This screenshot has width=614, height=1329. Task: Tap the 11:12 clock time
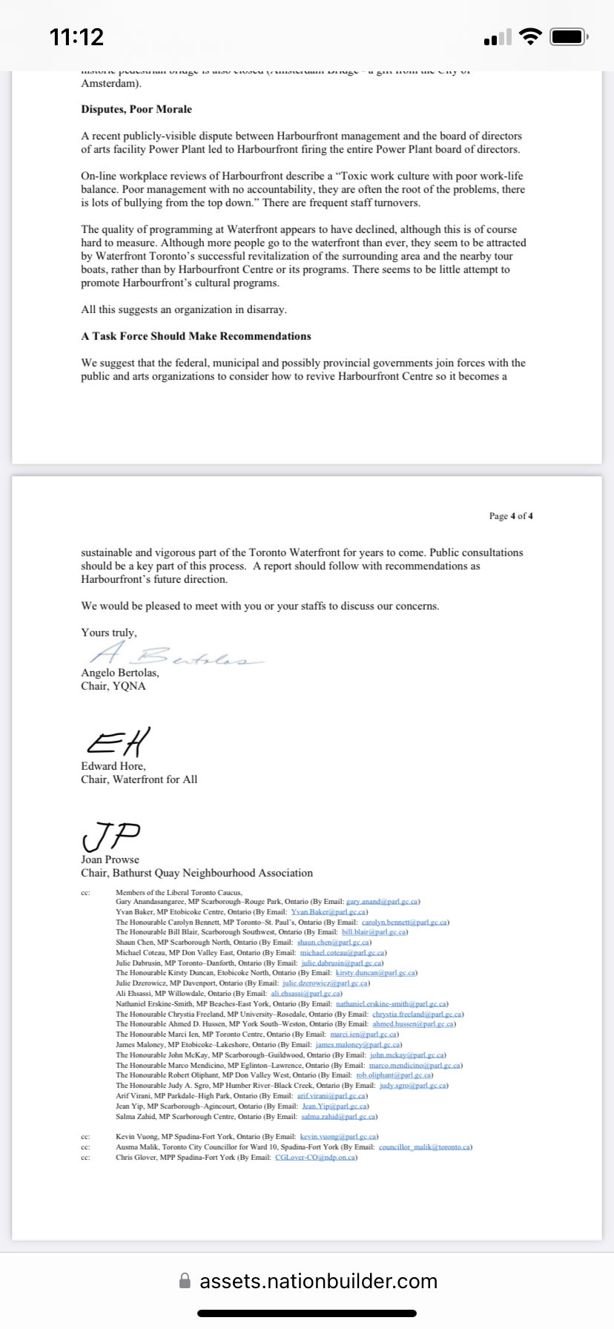[76, 36]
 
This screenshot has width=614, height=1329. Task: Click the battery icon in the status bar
[570, 36]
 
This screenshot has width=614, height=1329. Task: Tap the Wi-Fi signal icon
[530, 36]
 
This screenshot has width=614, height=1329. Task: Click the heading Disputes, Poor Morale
[136, 109]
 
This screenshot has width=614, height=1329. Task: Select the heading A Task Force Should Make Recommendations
[196, 336]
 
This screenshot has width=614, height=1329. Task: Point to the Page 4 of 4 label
[511, 515]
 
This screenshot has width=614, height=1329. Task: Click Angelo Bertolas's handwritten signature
[175, 655]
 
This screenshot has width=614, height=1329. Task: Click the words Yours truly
[108, 633]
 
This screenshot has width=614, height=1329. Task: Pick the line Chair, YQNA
[113, 686]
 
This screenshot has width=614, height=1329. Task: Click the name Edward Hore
[113, 766]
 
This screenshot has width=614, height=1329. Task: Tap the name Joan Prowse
[110, 860]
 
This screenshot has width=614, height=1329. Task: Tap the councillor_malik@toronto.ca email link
[425, 1147]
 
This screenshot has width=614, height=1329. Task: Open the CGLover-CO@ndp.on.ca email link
[315, 1157]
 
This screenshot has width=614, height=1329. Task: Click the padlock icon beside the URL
[185, 1281]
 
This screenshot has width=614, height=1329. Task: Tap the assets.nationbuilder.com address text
[318, 1281]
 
